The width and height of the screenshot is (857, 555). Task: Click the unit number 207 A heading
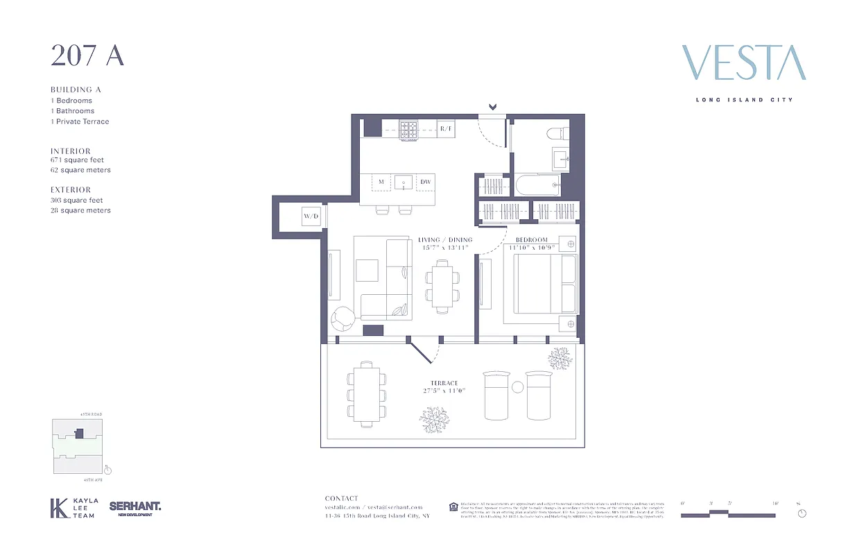(x=87, y=56)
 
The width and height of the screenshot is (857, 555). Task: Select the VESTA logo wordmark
(x=744, y=63)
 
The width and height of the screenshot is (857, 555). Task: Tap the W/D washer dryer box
(x=311, y=216)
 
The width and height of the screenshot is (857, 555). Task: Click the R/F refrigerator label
(x=446, y=128)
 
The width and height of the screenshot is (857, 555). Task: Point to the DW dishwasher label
(x=425, y=182)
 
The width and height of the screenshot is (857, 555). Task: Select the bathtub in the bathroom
(x=537, y=185)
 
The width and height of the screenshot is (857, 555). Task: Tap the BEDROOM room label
(x=532, y=240)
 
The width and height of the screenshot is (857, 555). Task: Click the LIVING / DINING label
(x=444, y=240)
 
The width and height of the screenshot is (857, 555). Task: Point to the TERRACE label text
(x=444, y=383)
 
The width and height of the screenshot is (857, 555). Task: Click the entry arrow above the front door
(x=493, y=107)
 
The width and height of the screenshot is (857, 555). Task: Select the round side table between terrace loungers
(x=517, y=387)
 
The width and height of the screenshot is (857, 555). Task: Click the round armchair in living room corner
(x=343, y=319)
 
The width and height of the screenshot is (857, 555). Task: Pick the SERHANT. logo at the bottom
(x=135, y=508)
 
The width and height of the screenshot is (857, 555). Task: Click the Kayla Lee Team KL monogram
(x=59, y=508)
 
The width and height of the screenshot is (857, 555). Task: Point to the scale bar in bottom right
(x=728, y=514)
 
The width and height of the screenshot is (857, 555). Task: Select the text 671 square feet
(x=77, y=160)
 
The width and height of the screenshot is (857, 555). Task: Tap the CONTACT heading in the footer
(x=342, y=498)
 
